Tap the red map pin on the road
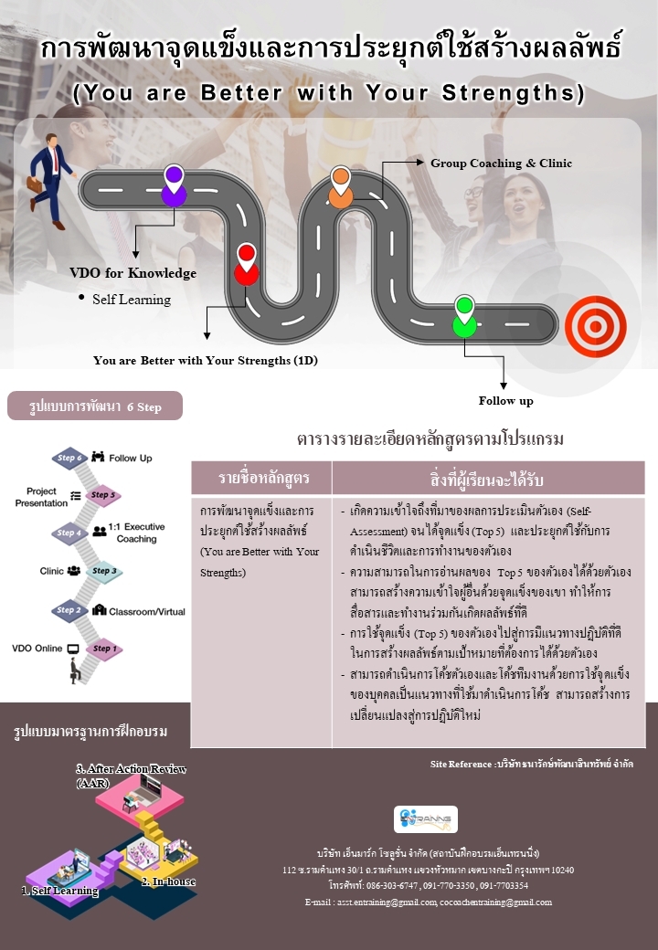click(246, 264)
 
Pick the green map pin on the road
click(464, 316)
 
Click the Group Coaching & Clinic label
click(501, 164)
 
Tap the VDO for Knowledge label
click(133, 273)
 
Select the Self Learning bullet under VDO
click(131, 300)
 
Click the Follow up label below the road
click(505, 400)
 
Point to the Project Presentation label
click(41, 497)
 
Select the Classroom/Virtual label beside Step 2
click(146, 610)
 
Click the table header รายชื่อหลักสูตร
click(261, 479)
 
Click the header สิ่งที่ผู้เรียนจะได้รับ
click(487, 479)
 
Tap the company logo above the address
click(426, 818)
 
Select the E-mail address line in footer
click(429, 902)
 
